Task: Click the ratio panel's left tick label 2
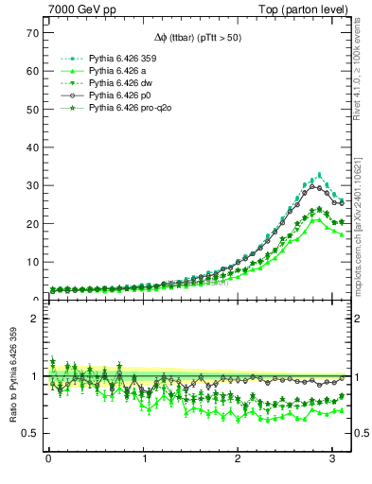click(x=34, y=319)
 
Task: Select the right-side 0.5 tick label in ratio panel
click(x=360, y=433)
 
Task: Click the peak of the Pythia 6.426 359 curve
click(x=320, y=175)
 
